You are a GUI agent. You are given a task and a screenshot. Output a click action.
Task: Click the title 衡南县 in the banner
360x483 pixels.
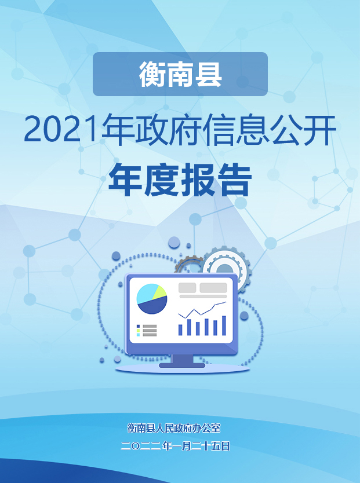(180, 74)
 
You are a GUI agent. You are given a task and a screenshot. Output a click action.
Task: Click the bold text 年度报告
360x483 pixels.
(180, 180)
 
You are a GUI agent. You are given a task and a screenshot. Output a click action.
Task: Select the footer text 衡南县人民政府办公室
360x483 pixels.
(174, 428)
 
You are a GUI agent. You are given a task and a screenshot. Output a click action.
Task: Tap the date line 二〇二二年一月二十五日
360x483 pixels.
(176, 446)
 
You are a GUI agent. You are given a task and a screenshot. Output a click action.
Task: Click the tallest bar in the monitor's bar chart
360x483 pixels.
(224, 325)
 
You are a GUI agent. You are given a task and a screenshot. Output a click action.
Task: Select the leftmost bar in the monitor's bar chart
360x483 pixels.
(180, 330)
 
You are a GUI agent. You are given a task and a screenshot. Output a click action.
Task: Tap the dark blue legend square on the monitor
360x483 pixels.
(138, 326)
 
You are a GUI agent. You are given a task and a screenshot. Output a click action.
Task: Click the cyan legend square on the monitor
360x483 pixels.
(138, 335)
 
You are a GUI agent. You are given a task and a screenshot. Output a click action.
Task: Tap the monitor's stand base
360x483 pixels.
(182, 365)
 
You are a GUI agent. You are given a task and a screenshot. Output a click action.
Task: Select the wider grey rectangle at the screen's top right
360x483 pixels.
(213, 288)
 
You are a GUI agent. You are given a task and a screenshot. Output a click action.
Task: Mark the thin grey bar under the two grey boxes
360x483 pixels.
(203, 297)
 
